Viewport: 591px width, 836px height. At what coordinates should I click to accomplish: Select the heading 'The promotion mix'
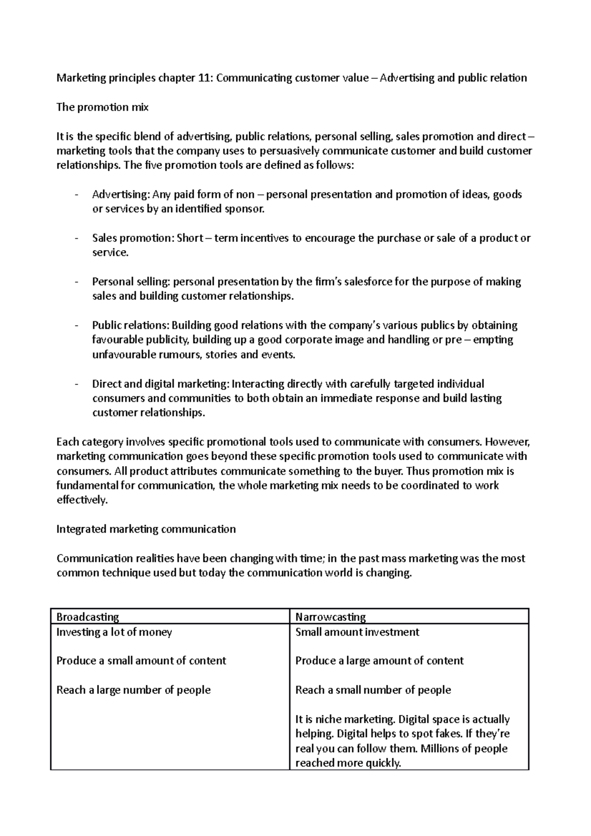[x=102, y=107]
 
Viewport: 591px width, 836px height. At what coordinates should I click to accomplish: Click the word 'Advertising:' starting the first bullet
[x=121, y=194]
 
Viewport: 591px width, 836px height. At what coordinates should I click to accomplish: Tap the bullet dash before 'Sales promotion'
[x=76, y=238]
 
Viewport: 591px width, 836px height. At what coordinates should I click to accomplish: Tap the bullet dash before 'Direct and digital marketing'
[x=76, y=384]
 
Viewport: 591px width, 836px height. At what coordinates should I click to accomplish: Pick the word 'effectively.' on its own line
[x=82, y=500]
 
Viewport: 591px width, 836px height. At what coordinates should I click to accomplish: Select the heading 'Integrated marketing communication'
[x=146, y=529]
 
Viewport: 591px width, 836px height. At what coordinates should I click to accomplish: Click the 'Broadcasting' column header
[x=88, y=617]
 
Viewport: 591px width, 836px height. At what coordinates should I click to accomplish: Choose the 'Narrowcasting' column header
[x=330, y=617]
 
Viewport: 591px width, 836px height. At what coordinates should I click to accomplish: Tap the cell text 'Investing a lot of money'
[x=114, y=632]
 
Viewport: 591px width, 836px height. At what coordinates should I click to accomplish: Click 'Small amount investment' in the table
[x=357, y=632]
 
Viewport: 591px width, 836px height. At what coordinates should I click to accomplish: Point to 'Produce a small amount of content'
[x=141, y=661]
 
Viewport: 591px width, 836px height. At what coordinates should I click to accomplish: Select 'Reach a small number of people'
[x=373, y=690]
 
